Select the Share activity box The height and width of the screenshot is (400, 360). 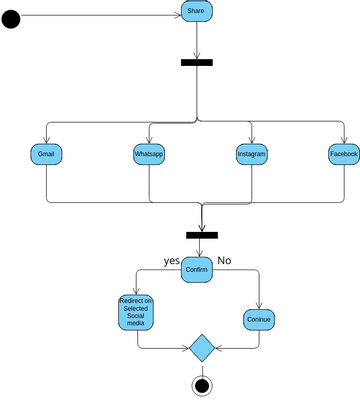(x=196, y=11)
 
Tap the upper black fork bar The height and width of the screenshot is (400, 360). (x=196, y=62)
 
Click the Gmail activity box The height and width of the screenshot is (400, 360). (x=47, y=155)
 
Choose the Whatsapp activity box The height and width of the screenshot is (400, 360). (x=149, y=155)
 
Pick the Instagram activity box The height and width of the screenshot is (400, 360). (x=252, y=155)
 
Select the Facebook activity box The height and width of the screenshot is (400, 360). (x=344, y=155)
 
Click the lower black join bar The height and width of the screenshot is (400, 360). (x=201, y=236)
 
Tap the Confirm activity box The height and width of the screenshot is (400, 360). (x=197, y=271)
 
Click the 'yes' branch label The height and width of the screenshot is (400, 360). (x=171, y=260)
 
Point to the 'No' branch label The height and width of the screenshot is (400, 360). (x=224, y=260)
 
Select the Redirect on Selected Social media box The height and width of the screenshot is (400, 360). (x=136, y=312)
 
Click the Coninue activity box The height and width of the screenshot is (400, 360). (x=259, y=320)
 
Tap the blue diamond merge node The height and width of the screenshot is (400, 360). (x=202, y=349)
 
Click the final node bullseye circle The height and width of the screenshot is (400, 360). (x=202, y=386)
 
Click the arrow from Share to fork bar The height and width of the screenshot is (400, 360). (x=197, y=40)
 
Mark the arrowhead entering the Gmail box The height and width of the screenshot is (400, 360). (x=47, y=141)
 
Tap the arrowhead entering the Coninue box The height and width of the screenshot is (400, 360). (x=259, y=305)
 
